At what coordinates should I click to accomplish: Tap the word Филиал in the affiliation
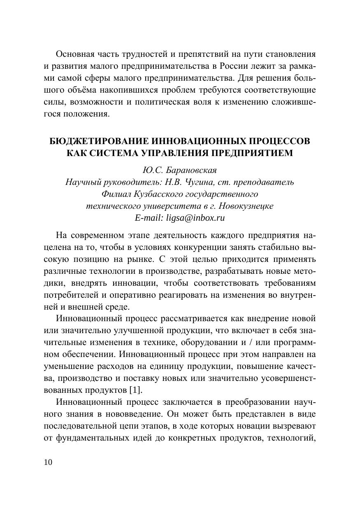[x=113, y=194]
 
